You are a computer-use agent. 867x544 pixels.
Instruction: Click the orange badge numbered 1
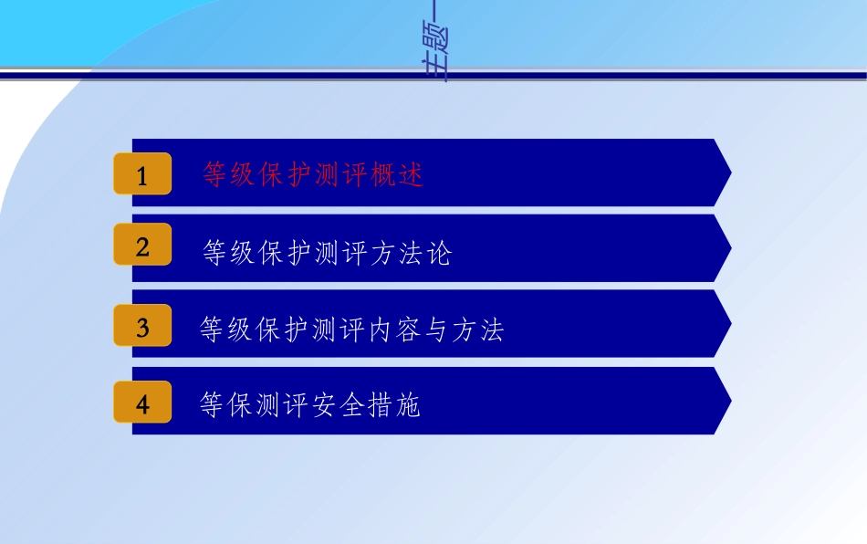(x=142, y=173)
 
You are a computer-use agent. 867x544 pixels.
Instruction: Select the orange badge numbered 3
(x=142, y=325)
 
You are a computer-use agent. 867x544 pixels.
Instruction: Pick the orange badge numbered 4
(x=142, y=403)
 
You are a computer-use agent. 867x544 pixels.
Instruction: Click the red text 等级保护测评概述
(x=313, y=174)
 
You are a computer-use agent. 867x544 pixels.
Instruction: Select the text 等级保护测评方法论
(x=327, y=253)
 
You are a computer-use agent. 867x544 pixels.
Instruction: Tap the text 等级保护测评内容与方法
(x=351, y=330)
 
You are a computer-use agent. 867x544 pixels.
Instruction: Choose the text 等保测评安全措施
(x=309, y=405)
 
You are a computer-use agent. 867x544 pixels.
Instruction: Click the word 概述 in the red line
(x=398, y=174)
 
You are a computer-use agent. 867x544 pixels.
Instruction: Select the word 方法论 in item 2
(x=411, y=253)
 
